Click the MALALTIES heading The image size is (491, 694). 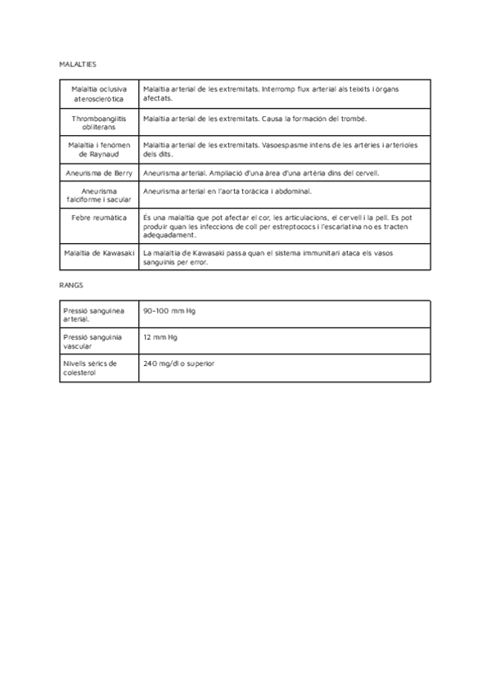pos(78,64)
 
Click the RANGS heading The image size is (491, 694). pos(70,286)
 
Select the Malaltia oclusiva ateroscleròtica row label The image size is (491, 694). pos(97,93)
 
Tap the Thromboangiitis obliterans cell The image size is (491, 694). pos(97,123)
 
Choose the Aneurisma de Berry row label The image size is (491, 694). pos(97,173)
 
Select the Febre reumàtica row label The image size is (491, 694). pos(97,218)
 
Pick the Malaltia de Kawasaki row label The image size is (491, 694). pos(98,254)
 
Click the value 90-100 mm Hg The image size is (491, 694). pos(169,311)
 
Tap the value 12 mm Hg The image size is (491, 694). pos(160,337)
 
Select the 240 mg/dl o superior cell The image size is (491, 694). pos(178,363)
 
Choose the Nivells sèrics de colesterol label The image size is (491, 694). pos(90,367)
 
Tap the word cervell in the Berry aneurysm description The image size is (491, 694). pos(365,173)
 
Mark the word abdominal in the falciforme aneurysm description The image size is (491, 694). pos(292,191)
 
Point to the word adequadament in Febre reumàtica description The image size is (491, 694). pos(169,235)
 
